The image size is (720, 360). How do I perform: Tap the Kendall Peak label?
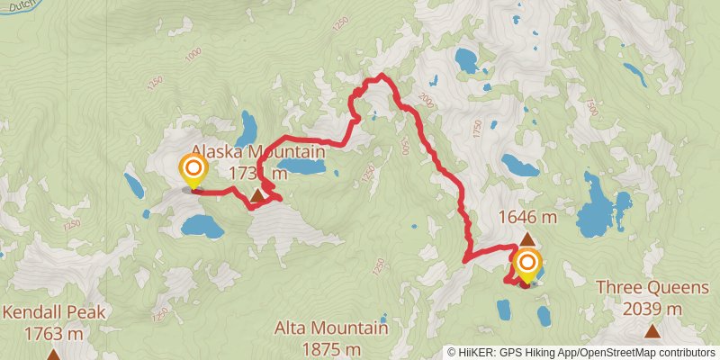tap(54, 313)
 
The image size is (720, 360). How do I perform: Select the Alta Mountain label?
tap(332, 328)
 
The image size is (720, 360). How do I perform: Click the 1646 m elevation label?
tap(526, 217)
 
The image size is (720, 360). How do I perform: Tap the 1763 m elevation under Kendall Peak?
tap(54, 333)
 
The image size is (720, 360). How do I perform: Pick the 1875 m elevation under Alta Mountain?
tap(332, 348)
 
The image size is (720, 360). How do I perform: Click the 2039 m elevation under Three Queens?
tap(652, 310)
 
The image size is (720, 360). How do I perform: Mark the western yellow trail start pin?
tap(193, 168)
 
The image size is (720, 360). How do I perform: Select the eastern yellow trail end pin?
tap(526, 265)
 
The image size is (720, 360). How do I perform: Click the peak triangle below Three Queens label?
tap(652, 332)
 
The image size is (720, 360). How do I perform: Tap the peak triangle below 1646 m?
tap(527, 239)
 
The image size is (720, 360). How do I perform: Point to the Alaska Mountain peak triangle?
tap(258, 194)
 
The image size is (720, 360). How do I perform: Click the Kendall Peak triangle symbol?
tap(54, 355)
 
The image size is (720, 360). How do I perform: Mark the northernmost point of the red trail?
tap(382, 75)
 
